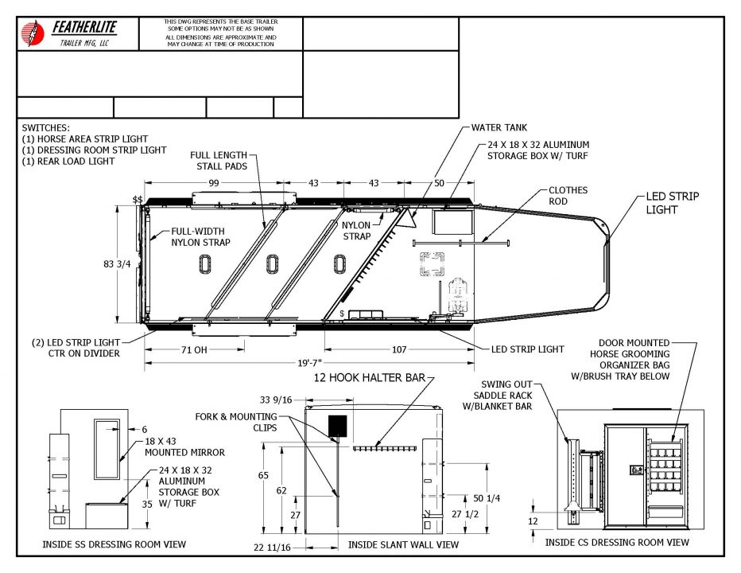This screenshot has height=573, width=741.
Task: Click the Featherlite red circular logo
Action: pos(32,33)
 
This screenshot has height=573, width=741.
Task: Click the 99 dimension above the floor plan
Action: pos(214,182)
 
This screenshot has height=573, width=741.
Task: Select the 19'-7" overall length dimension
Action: pos(309,363)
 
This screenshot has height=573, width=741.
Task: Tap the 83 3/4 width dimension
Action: pos(117,264)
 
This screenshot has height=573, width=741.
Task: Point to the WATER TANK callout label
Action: pos(499,127)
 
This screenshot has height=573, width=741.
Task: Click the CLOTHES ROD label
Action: pos(568,196)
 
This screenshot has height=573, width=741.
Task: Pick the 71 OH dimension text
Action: pos(194,349)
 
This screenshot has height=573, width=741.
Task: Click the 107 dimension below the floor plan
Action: pos(399,349)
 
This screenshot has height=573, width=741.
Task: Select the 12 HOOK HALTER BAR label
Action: pos(370,377)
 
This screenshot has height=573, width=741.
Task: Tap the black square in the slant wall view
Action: pos(337,426)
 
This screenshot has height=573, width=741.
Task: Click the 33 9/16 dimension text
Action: pos(276,400)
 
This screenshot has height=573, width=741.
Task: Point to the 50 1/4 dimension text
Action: pos(487,497)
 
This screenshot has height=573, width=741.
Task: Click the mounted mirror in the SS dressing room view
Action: pos(107,449)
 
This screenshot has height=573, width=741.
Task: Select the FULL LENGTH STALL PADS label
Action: pos(219,161)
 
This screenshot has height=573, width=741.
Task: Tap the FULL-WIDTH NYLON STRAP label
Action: pos(200,236)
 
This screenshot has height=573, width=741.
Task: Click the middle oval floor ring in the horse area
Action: pos(272,264)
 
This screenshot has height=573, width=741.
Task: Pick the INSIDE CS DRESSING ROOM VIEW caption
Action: pos(617,542)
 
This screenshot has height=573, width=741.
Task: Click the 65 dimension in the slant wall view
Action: pos(263,475)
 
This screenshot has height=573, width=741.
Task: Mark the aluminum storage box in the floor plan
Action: pos(452,222)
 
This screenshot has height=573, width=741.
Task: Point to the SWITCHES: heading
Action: pos(45,128)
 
